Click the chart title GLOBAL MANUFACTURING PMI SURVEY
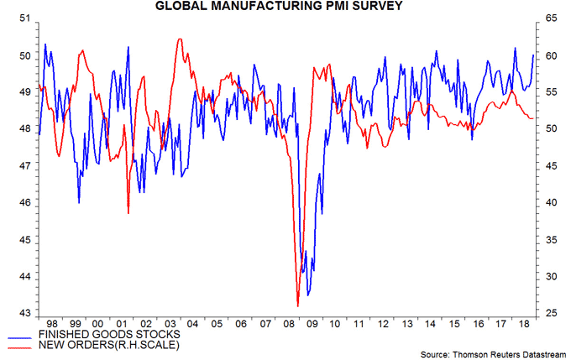pos(285,8)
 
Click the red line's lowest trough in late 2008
pos(297,305)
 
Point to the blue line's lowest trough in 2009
pos(308,295)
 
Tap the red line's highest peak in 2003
pos(179,39)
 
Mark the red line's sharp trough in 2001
pos(128,213)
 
